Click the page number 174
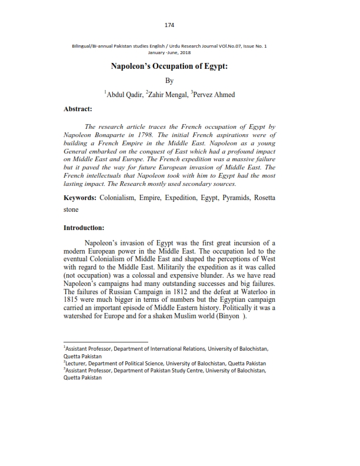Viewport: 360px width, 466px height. coord(169,25)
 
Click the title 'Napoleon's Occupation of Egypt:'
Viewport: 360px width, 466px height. coord(169,66)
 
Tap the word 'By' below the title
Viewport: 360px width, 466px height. coord(169,81)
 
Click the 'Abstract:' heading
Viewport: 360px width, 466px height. coord(78,109)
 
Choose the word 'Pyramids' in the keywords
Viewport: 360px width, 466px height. coord(234,198)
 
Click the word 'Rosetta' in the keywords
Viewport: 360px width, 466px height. coord(265,198)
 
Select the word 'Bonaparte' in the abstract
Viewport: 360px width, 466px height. coord(114,135)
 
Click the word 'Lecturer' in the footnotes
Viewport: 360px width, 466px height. coord(77,364)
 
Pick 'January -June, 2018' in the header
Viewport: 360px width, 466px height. coord(169,52)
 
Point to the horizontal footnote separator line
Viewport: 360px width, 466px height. coord(106,341)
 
